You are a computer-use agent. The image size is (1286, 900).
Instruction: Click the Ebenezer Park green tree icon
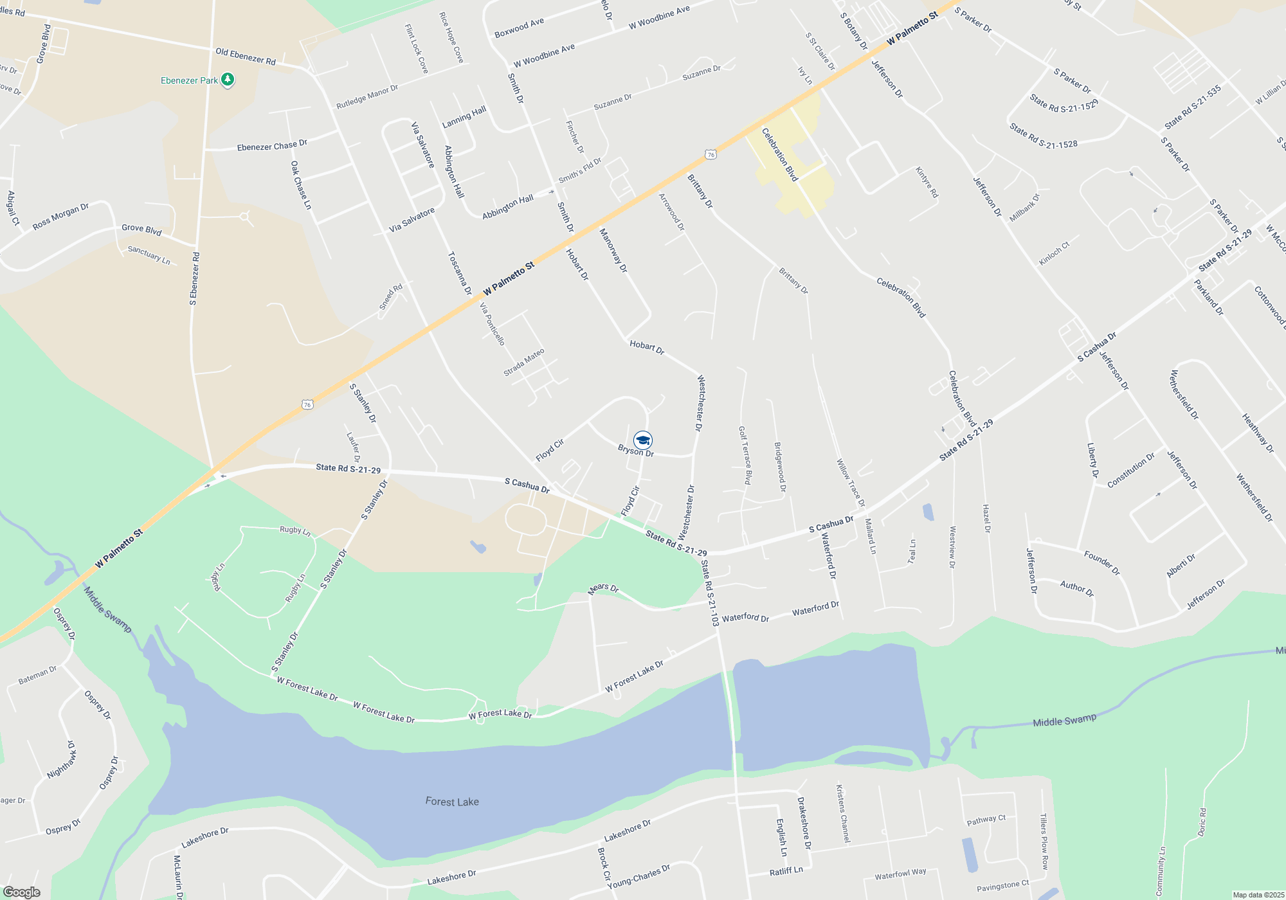click(x=227, y=80)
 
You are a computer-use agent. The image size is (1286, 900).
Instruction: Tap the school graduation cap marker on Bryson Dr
click(x=642, y=440)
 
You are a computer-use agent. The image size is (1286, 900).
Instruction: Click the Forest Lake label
click(x=452, y=802)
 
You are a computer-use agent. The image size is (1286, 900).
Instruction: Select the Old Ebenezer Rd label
click(x=246, y=57)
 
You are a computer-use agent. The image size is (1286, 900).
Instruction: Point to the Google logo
click(x=21, y=892)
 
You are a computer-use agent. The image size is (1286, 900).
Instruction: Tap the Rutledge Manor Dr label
click(x=367, y=97)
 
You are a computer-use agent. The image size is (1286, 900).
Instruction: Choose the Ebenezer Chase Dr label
click(x=272, y=146)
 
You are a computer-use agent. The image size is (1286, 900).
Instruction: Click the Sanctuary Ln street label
click(x=149, y=255)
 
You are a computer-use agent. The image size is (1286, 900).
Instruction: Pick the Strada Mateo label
click(x=524, y=362)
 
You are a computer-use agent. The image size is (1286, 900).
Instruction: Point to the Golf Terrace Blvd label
click(x=745, y=455)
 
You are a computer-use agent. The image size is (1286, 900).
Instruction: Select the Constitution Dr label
click(x=1131, y=470)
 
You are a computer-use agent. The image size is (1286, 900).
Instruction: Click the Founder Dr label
click(x=1101, y=562)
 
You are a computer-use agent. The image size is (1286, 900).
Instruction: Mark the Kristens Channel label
click(x=843, y=813)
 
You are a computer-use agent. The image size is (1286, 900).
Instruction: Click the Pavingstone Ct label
click(x=1002, y=887)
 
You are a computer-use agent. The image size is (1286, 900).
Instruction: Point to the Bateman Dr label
click(x=37, y=675)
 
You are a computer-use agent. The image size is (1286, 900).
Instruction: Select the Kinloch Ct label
click(x=1055, y=253)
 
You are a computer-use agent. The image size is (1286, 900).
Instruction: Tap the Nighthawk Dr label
click(x=62, y=760)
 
